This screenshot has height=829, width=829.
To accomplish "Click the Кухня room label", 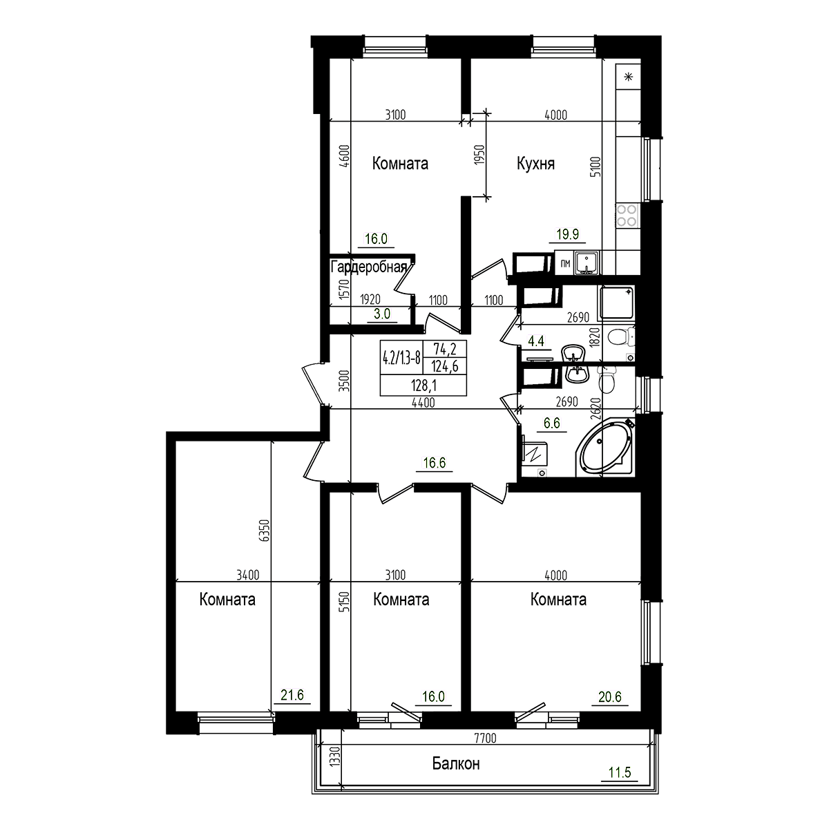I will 536,164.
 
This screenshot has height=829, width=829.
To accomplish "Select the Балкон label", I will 456,764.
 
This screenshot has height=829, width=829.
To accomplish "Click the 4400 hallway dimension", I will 423,403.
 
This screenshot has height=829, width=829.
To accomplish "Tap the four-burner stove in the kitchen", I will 627,216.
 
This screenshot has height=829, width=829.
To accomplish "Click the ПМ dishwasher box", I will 565,263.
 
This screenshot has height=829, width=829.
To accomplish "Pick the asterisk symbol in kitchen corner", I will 629,76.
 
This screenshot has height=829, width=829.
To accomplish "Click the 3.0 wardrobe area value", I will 382,313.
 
